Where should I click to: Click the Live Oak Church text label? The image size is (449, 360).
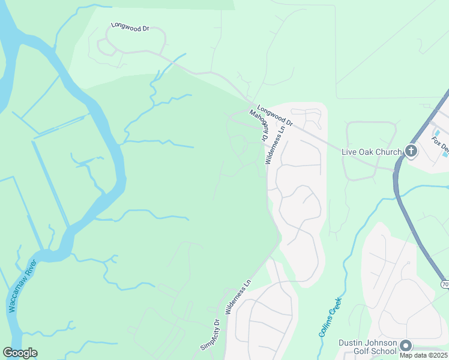click(371, 152)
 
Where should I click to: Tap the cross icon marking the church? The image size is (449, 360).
click(411, 151)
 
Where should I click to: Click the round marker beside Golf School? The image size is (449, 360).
click(406, 346)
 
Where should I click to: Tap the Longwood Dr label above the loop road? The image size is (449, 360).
click(129, 28)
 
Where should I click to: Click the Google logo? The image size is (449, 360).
click(20, 353)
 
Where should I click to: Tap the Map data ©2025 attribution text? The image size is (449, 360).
click(424, 355)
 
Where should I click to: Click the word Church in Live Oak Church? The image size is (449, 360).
click(388, 152)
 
